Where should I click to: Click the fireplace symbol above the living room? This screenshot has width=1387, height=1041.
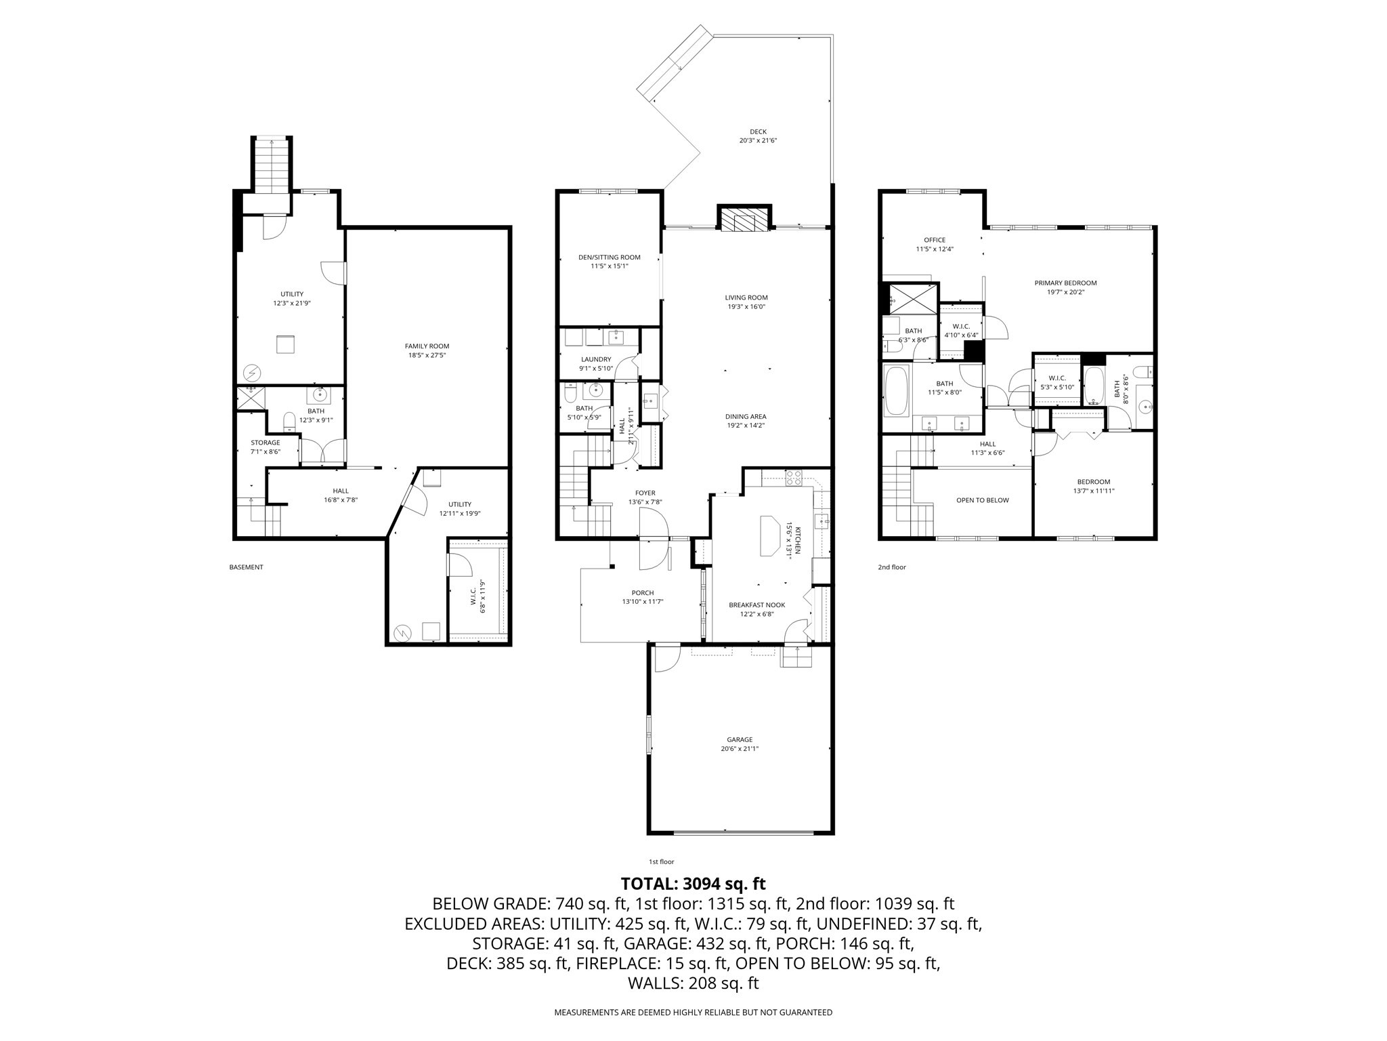(x=744, y=220)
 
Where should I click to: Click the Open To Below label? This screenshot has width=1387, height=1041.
(x=982, y=500)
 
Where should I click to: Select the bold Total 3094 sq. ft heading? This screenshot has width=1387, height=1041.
(x=693, y=884)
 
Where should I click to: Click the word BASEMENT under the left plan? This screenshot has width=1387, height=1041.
(x=246, y=567)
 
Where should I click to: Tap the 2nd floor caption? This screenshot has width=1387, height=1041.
(x=892, y=567)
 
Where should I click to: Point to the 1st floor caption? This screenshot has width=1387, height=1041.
(x=661, y=862)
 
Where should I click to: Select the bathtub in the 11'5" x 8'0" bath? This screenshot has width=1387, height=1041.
(x=897, y=392)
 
